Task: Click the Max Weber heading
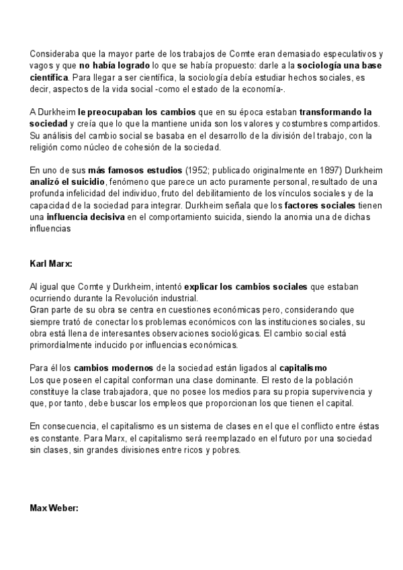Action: click(x=54, y=508)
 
